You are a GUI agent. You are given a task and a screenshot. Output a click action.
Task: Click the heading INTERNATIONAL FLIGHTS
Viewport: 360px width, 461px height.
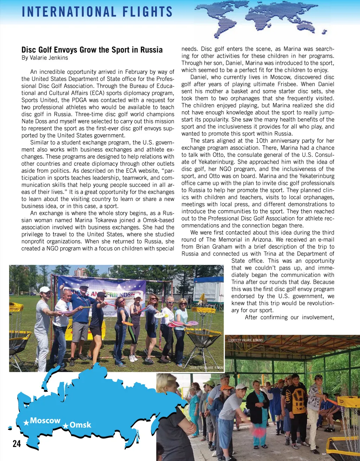pyautogui.click(x=97, y=12)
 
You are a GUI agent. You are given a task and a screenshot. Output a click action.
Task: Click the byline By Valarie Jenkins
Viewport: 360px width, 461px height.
pyautogui.click(x=45, y=58)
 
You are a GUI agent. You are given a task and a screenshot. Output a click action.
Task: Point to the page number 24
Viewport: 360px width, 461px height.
pyautogui.click(x=17, y=444)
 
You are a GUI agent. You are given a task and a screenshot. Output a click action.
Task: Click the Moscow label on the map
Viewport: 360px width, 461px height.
pyautogui.click(x=45, y=421)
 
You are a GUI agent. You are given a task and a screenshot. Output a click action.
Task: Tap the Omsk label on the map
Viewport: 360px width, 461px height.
pyautogui.click(x=80, y=425)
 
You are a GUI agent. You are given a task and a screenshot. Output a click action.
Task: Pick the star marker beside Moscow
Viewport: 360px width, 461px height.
pyautogui.click(x=26, y=422)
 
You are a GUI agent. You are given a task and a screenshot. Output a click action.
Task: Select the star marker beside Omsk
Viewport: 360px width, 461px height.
pyautogui.click(x=65, y=426)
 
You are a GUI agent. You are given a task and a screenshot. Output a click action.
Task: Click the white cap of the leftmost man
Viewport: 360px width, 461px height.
pyautogui.click(x=45, y=289)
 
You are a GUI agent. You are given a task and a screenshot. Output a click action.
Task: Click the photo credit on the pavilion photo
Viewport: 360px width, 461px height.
pyautogui.click(x=245, y=340)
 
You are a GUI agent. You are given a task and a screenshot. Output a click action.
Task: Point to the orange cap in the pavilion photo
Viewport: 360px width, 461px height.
pyautogui.click(x=226, y=387)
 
